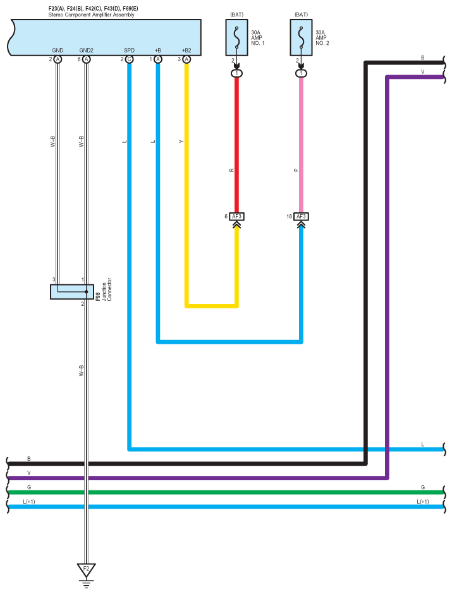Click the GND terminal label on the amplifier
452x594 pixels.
coord(58,50)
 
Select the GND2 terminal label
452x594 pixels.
coord(86,50)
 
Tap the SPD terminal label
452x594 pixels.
coord(129,50)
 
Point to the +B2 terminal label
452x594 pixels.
coord(186,50)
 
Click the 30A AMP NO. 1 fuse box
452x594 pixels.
coord(237,35)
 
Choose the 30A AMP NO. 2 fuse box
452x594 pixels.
coord(302,35)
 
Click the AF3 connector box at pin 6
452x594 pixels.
coord(236,216)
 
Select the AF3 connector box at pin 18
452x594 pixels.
coord(302,216)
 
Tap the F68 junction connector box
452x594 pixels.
coord(68,291)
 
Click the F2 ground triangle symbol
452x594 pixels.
coord(86,568)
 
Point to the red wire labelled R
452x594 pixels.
coord(237,145)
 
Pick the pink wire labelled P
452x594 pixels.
coord(302,145)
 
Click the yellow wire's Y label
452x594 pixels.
coord(181,142)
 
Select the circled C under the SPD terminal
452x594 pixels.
coord(129,59)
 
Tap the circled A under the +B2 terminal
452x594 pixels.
coord(186,59)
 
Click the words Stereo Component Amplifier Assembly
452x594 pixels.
coord(91,15)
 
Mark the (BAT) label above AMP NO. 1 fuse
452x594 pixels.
coord(237,13)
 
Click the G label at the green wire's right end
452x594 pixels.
coord(422,487)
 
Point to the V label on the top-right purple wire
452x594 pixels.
coord(422,72)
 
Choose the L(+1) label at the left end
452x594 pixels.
coord(29,501)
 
